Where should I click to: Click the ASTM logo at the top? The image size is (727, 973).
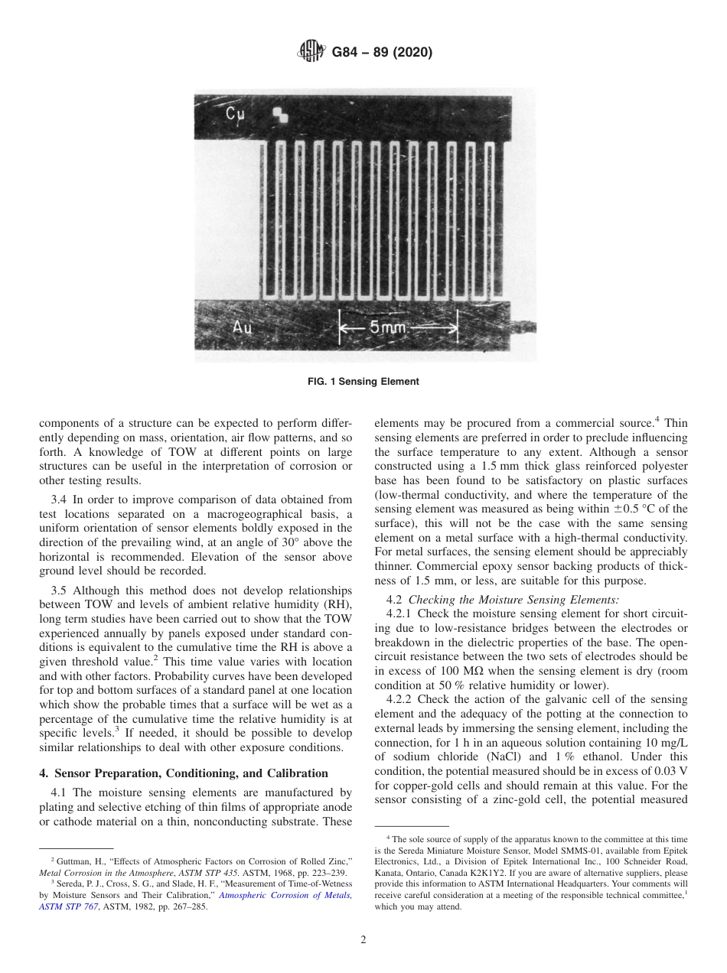coord(311,53)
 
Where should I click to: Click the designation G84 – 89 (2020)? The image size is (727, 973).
coord(382,53)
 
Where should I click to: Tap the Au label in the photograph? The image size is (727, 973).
coord(243,329)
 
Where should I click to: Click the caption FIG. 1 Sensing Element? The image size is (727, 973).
coord(363,382)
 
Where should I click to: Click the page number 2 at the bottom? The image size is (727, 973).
coord(363,940)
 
